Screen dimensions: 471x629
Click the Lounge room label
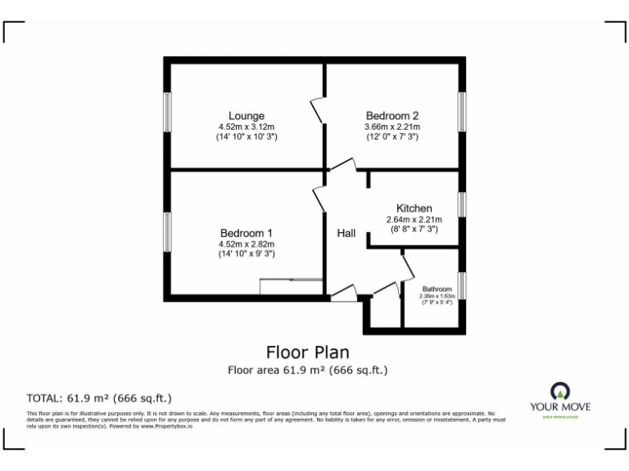coord(246,116)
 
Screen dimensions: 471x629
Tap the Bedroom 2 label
coord(391,115)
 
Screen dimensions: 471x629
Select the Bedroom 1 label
coord(246,233)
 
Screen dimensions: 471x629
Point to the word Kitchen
coord(414,209)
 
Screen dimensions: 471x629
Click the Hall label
coord(346,234)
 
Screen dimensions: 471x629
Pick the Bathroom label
coord(437,289)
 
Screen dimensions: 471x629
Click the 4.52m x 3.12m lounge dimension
coord(246,127)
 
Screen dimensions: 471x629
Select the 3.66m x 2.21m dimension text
coord(391,127)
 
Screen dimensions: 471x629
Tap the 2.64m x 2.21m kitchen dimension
coord(414,219)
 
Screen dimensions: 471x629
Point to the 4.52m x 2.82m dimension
coord(246,244)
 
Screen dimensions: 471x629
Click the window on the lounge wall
coord(167,112)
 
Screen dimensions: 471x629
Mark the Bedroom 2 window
coord(462,112)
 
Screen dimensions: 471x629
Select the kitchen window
coord(462,204)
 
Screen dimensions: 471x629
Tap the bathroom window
coord(462,285)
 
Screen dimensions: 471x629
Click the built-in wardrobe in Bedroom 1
coord(291,286)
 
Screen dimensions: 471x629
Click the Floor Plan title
coord(307,352)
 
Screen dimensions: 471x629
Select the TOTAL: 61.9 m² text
coord(99,398)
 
